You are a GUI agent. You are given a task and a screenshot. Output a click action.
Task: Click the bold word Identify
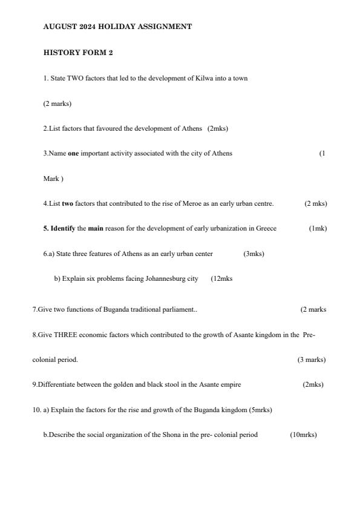[62, 228]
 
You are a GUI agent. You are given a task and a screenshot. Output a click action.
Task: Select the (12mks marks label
[221, 278]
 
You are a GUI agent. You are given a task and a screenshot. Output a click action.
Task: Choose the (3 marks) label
[311, 360]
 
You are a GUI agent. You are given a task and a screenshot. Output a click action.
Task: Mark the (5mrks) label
[260, 410]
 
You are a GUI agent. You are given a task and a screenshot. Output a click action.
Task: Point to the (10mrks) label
[303, 435]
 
